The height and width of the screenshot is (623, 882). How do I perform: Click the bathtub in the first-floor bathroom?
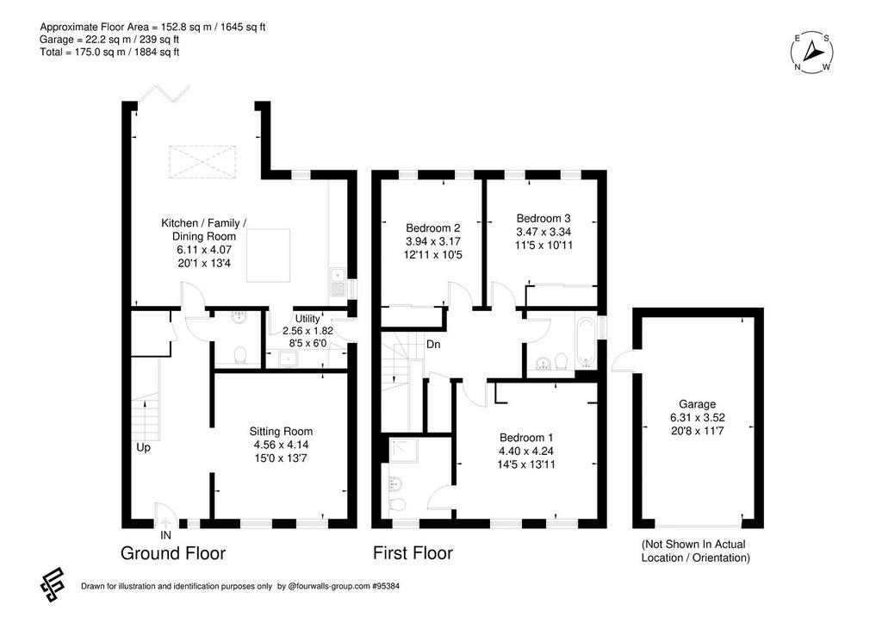[x=586, y=341]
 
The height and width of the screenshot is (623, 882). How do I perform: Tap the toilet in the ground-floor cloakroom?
[x=239, y=355]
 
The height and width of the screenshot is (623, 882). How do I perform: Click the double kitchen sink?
[x=338, y=282]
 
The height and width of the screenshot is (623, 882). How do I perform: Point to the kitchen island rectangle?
[x=269, y=255]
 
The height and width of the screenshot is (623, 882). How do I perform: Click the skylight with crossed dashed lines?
[x=202, y=162]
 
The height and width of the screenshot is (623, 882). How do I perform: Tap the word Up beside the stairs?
[x=144, y=448]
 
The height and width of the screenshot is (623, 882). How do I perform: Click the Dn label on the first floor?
[x=433, y=344]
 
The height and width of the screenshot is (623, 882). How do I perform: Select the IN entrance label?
[x=165, y=535]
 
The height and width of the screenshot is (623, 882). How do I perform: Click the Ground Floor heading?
[x=172, y=554]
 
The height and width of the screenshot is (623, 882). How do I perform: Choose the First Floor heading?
[x=413, y=553]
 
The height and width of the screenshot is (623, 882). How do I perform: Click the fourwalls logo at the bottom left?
[x=52, y=585]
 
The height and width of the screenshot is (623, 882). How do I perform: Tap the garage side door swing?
[x=622, y=361]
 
